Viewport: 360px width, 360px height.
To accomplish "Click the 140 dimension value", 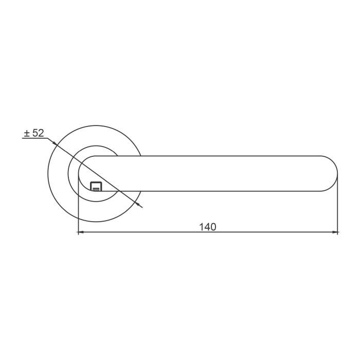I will (208, 227).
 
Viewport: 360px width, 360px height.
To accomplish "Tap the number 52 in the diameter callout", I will (38, 133).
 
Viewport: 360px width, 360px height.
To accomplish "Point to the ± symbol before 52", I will (27, 133).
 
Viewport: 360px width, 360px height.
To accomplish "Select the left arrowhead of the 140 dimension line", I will (80, 232).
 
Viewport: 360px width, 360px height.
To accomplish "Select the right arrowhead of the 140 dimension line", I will (335, 232).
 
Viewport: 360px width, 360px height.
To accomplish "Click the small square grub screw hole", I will (96, 186).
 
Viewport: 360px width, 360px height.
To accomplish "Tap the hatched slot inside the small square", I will (96, 189).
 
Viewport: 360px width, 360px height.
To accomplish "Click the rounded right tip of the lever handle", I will (336, 173).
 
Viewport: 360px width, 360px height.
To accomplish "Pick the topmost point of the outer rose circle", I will (96, 125).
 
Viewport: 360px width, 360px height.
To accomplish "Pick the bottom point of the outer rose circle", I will (96, 222).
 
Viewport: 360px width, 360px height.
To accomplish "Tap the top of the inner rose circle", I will (96, 146).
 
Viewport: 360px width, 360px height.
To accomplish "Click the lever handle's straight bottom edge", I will (216, 191).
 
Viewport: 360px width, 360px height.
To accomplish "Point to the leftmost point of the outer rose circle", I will (47, 173).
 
